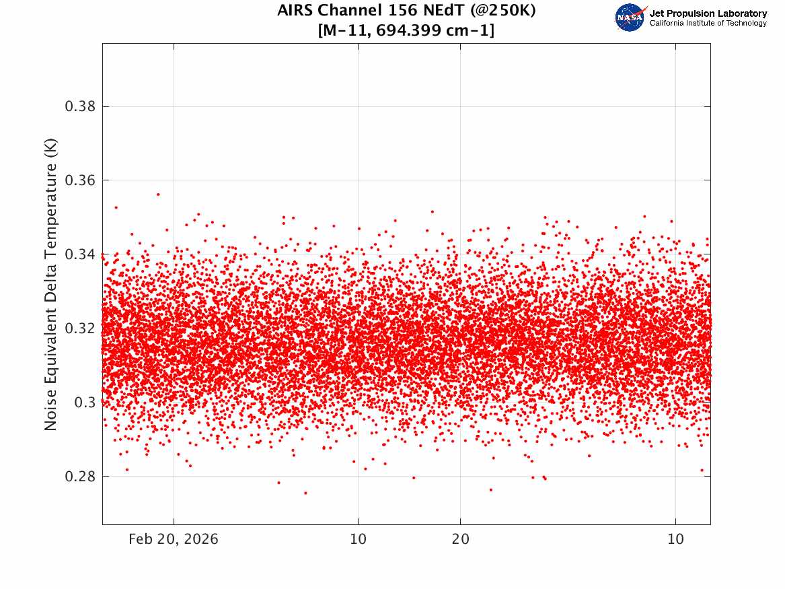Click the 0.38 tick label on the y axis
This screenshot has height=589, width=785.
[80, 106]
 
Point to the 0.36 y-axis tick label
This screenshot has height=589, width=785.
[80, 180]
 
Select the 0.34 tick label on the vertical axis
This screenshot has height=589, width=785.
[80, 254]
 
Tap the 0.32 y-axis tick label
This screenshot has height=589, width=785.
[80, 328]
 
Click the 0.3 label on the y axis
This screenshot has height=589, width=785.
[85, 402]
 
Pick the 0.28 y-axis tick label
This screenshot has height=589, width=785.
[80, 476]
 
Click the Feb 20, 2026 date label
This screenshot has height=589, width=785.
[174, 539]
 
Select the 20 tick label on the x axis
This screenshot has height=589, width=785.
[461, 539]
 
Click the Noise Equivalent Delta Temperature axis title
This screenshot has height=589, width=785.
[50, 284]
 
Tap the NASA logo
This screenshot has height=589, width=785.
[630, 18]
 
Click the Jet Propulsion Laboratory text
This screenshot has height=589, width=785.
[708, 13]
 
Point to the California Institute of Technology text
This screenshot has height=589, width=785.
[708, 23]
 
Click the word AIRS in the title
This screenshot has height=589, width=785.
[295, 10]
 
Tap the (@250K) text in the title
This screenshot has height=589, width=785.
[503, 10]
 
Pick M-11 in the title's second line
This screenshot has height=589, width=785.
[346, 30]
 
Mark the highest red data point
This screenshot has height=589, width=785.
[158, 195]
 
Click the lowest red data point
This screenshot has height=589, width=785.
[305, 493]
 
